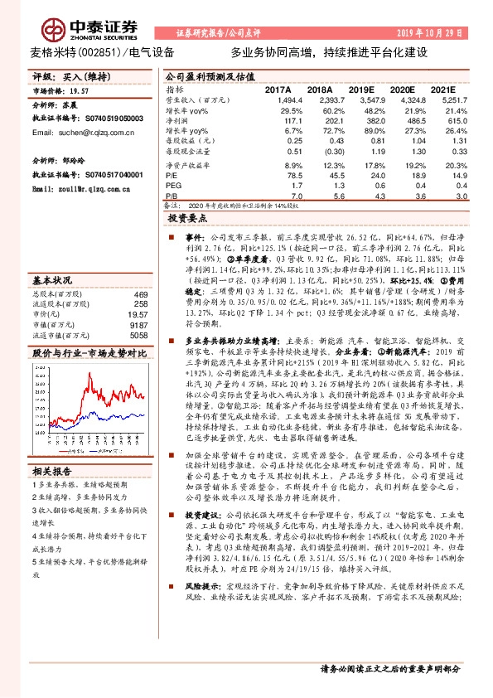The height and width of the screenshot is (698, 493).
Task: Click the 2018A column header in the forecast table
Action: [319, 88]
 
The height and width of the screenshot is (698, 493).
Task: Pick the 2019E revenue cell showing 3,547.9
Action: [360, 98]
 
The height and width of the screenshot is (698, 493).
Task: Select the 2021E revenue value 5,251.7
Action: [443, 98]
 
